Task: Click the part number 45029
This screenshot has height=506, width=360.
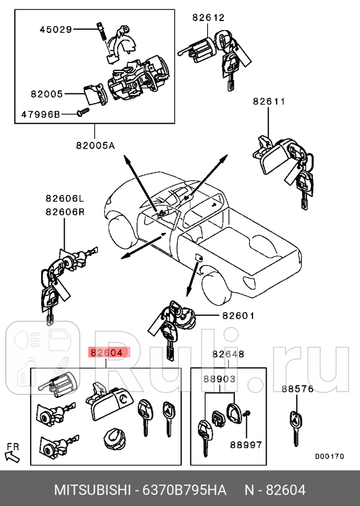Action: [x=56, y=30]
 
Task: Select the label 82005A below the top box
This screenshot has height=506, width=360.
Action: [x=94, y=146]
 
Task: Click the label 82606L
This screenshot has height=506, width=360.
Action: [x=64, y=198]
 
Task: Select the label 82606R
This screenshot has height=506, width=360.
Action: [x=64, y=212]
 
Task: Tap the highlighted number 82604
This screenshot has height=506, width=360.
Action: [x=109, y=353]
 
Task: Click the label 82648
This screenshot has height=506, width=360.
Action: [x=228, y=354]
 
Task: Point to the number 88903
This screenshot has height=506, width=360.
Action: [x=219, y=380]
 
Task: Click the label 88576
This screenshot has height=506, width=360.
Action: [x=297, y=389]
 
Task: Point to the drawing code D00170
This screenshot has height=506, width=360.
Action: [x=329, y=456]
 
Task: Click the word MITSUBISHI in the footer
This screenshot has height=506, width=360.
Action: [x=92, y=490]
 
